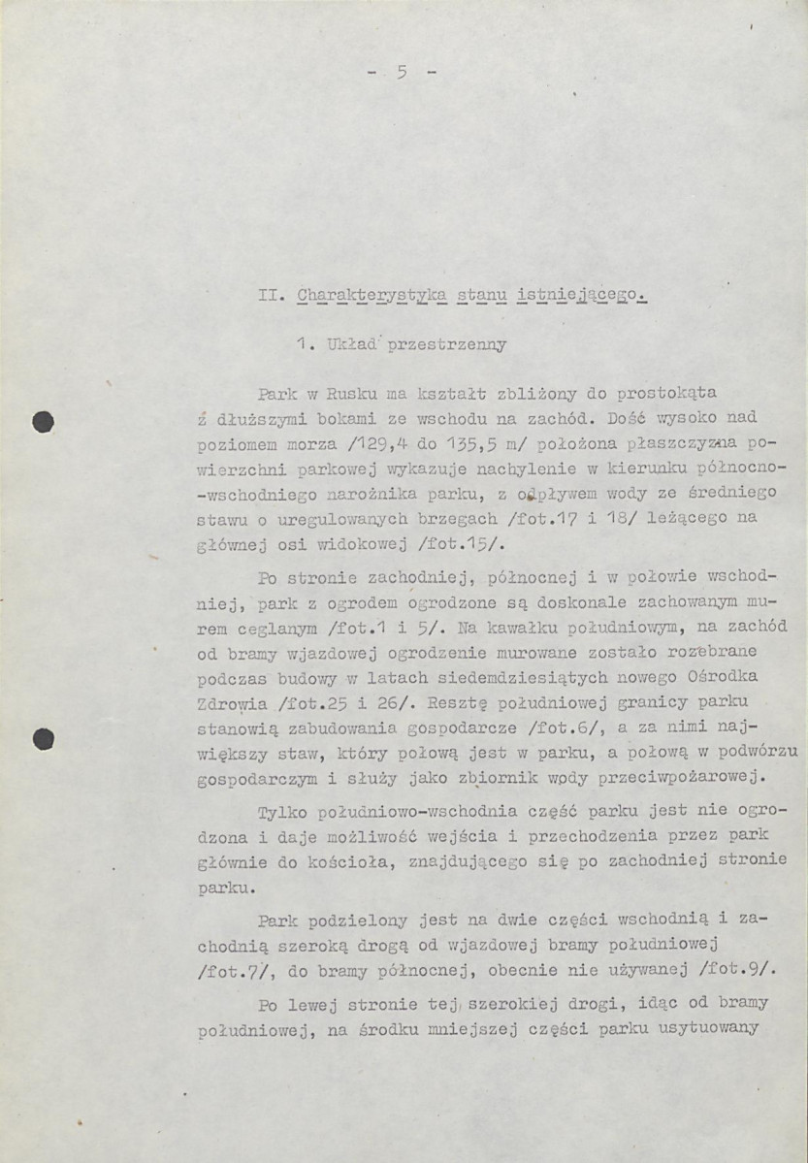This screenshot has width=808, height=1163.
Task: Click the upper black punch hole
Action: coord(42,422)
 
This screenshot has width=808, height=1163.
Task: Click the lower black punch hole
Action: coord(42,740)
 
